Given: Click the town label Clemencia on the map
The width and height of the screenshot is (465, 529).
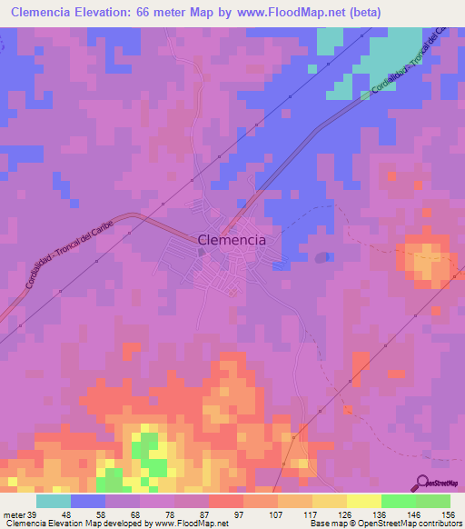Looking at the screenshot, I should [232, 240].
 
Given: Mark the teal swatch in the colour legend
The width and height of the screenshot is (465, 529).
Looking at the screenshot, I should [54, 501].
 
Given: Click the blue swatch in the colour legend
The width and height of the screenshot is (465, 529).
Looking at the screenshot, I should [88, 501].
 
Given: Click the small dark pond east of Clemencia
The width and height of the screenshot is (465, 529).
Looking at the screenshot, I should [320, 257].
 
